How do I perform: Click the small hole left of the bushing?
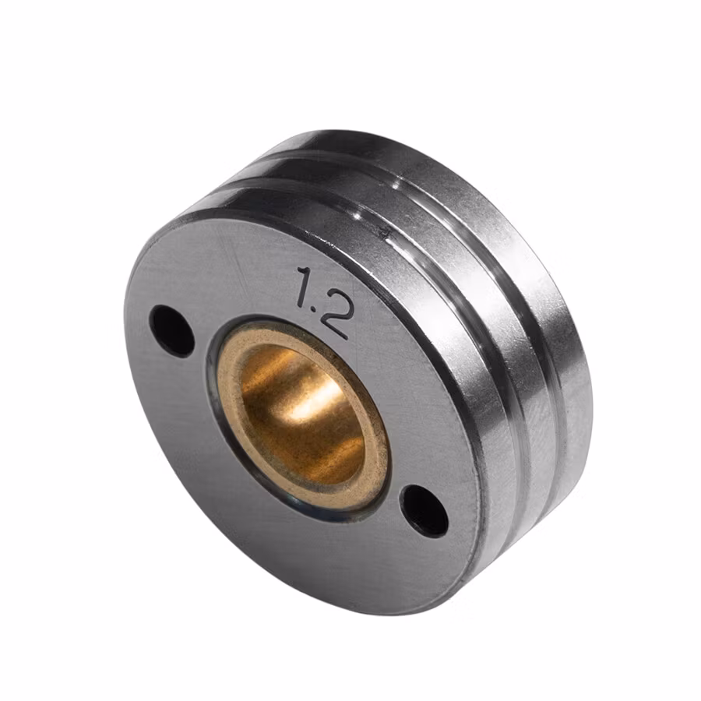pos(172,330)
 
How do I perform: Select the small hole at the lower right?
pos(424,510)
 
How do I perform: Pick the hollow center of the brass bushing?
pos(300,413)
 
